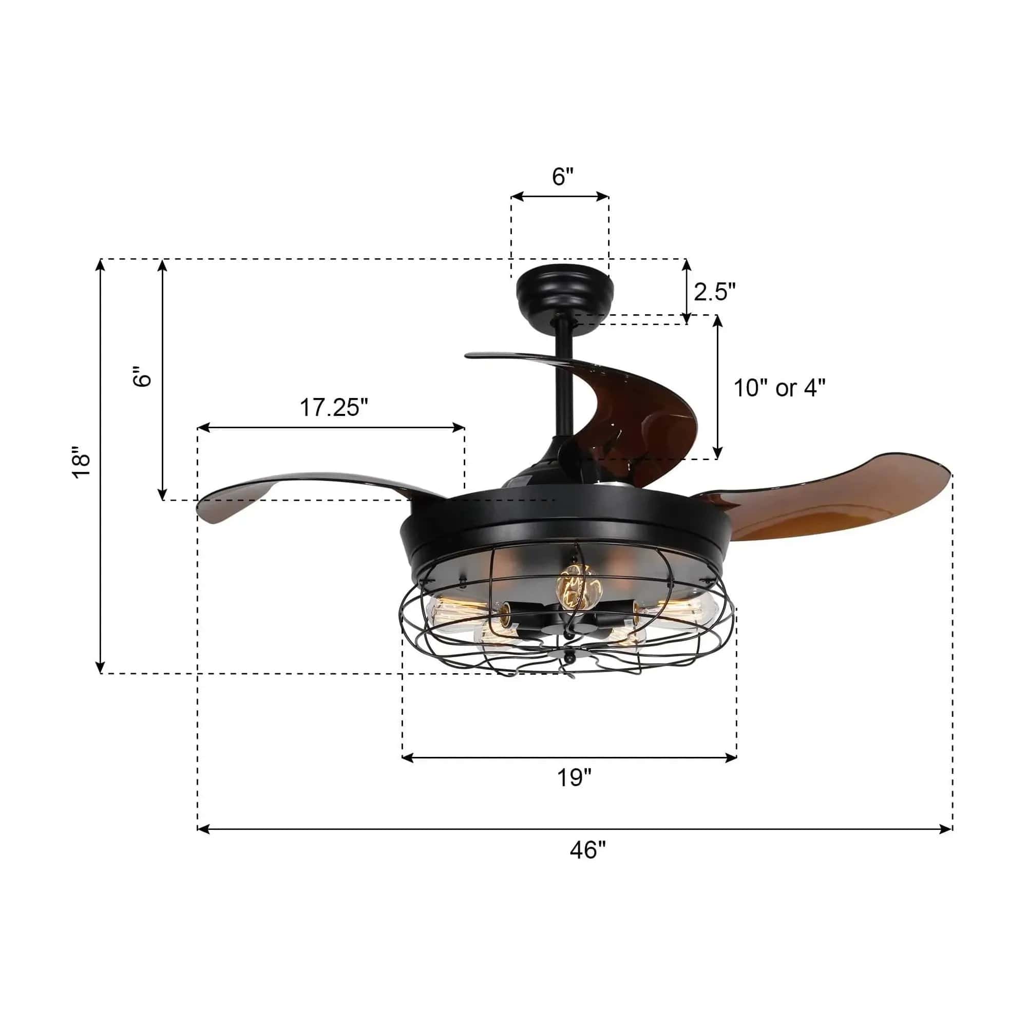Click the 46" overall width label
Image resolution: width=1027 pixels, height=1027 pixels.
pyautogui.click(x=587, y=850)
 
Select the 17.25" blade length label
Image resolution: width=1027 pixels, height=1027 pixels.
pyautogui.click(x=334, y=408)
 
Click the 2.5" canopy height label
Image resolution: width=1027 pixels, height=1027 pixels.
pyautogui.click(x=714, y=292)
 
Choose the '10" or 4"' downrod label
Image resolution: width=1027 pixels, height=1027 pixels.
pyautogui.click(x=779, y=388)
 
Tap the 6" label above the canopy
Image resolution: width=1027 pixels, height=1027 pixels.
pyautogui.click(x=563, y=177)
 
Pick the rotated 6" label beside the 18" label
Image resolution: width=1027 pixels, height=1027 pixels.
pyautogui.click(x=142, y=376)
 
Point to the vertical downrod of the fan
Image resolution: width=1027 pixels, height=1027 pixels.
pyautogui.click(x=563, y=380)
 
